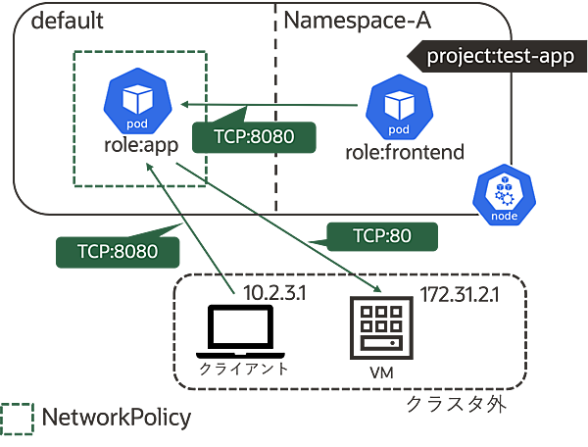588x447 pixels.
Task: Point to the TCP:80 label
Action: point(380,235)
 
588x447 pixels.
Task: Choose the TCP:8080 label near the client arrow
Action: point(118,250)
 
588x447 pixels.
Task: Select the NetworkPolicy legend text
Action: point(116,419)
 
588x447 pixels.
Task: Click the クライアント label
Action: point(243,369)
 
